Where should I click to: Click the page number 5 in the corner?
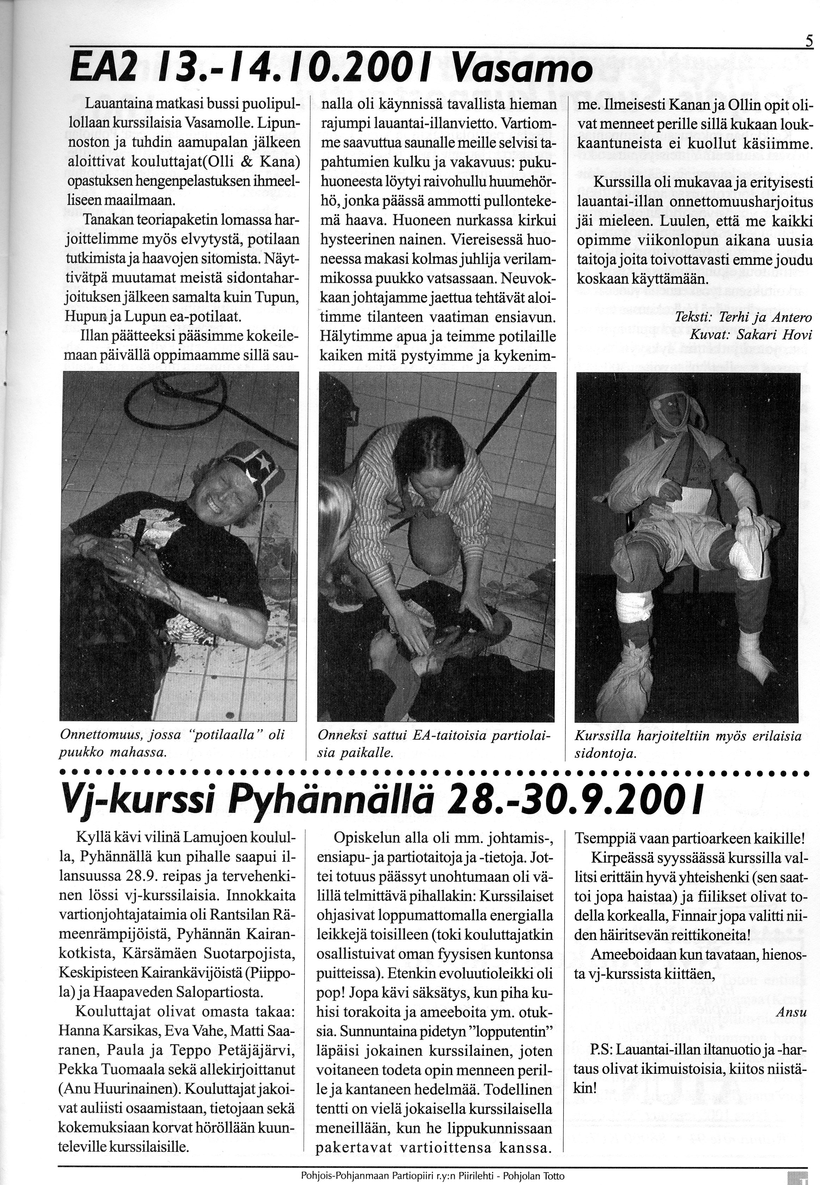(809, 40)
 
